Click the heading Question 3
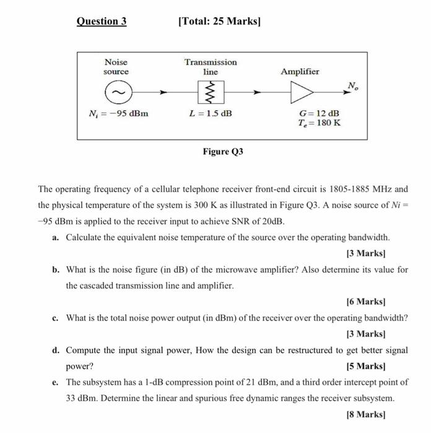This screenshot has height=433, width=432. [102, 22]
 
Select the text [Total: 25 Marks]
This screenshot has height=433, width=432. [219, 22]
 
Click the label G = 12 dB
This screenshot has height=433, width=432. [319, 114]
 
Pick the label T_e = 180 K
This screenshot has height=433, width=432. [319, 123]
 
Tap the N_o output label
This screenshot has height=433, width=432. [352, 85]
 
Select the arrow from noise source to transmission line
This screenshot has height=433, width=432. [155, 93]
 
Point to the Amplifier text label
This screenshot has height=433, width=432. [300, 72]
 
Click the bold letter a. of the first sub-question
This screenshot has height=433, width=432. [56, 238]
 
